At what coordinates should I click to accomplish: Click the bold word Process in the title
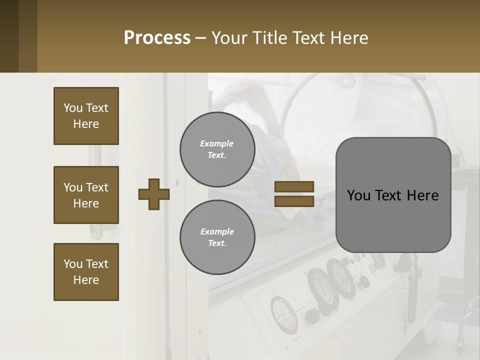point(157,38)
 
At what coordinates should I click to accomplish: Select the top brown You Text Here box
point(86,116)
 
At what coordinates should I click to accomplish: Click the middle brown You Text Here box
point(86,195)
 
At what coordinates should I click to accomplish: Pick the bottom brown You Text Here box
point(86,272)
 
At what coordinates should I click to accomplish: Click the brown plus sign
point(154,194)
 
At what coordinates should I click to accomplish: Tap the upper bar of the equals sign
point(294,186)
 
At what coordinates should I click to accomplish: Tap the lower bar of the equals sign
point(294,201)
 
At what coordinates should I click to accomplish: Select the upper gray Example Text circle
point(217,149)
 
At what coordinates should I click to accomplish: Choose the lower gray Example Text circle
point(217,237)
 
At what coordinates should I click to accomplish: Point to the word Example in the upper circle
point(217,143)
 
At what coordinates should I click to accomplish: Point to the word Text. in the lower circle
point(217,243)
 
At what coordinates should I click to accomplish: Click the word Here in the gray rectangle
point(422,195)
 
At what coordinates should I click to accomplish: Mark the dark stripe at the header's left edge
point(9,36)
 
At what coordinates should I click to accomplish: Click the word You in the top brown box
point(73,108)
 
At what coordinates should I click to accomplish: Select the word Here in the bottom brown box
point(86,280)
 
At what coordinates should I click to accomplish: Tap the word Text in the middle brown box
point(96,187)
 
